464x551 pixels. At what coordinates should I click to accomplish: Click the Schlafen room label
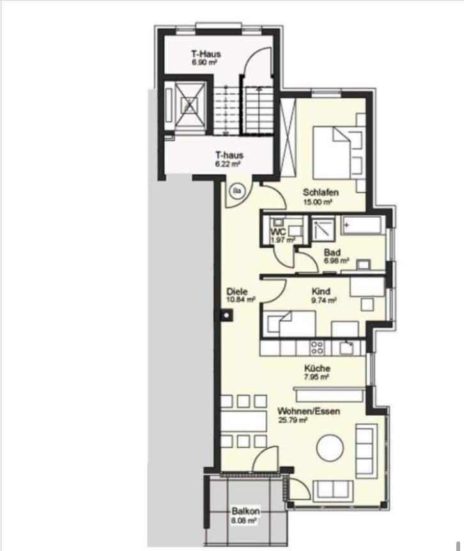[320, 193]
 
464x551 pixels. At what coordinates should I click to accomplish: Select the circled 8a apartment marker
[238, 191]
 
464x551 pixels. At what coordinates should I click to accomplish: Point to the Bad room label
[330, 252]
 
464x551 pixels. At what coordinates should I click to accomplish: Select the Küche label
[317, 368]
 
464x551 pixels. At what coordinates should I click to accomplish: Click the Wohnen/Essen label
[309, 412]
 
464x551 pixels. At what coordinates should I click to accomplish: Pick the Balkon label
[244, 511]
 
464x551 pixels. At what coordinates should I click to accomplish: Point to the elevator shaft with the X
[189, 105]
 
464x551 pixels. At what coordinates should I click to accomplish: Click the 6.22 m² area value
[228, 164]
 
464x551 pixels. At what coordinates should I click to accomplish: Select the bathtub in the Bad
[362, 225]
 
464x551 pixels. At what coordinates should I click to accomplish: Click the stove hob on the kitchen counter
[316, 347]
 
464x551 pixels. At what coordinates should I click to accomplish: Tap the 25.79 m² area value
[293, 421]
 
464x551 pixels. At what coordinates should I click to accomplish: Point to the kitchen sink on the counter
[347, 347]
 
